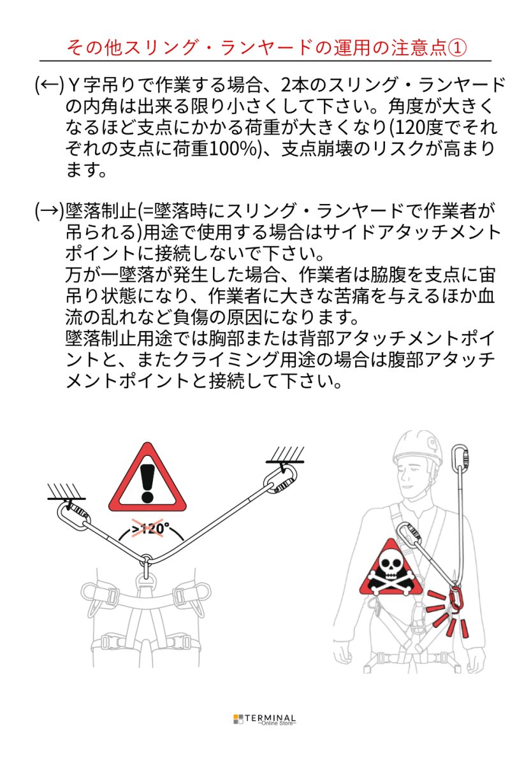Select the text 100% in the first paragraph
coord(226,148)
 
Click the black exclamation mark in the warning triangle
coord(148,481)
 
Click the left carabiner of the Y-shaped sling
coord(75,515)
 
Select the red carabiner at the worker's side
coord(456,599)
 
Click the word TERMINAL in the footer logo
coord(270,717)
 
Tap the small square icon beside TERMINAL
coord(238,719)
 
